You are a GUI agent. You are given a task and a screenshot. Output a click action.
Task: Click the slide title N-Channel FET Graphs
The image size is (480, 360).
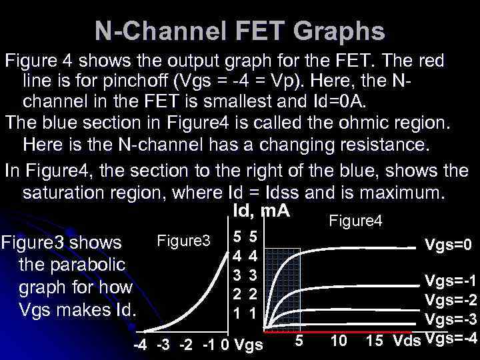coord(239,31)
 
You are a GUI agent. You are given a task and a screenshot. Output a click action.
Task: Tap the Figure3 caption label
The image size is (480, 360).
coord(183,239)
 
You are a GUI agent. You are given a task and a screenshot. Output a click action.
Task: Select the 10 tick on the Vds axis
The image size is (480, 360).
coord(339,341)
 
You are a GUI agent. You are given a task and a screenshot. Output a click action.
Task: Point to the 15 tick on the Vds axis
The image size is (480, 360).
coord(375,341)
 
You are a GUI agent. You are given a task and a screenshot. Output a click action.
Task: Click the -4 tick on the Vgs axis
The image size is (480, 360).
coord(141,345)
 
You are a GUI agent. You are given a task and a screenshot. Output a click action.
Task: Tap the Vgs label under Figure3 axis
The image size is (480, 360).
coord(250,345)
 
